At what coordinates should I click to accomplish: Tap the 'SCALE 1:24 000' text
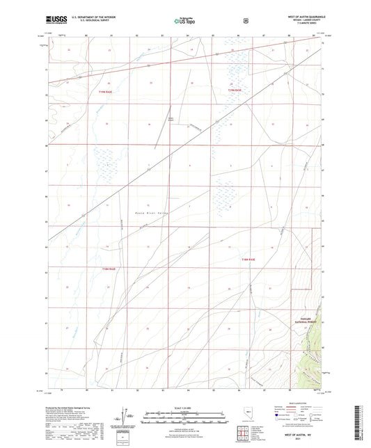click(185, 408)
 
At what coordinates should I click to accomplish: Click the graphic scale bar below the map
click(185, 416)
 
